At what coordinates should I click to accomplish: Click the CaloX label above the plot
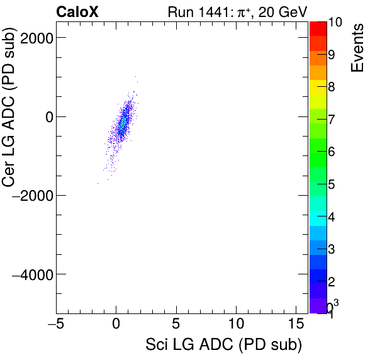pos(76,11)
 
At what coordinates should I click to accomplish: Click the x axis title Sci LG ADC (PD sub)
pos(223,346)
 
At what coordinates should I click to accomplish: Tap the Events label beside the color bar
pos(357,48)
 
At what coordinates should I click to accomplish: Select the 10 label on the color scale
pos(335,23)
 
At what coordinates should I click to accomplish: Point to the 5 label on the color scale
pos(331,184)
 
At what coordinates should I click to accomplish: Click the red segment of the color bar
pos(318,28)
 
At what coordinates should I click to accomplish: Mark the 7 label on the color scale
pos(331,119)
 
